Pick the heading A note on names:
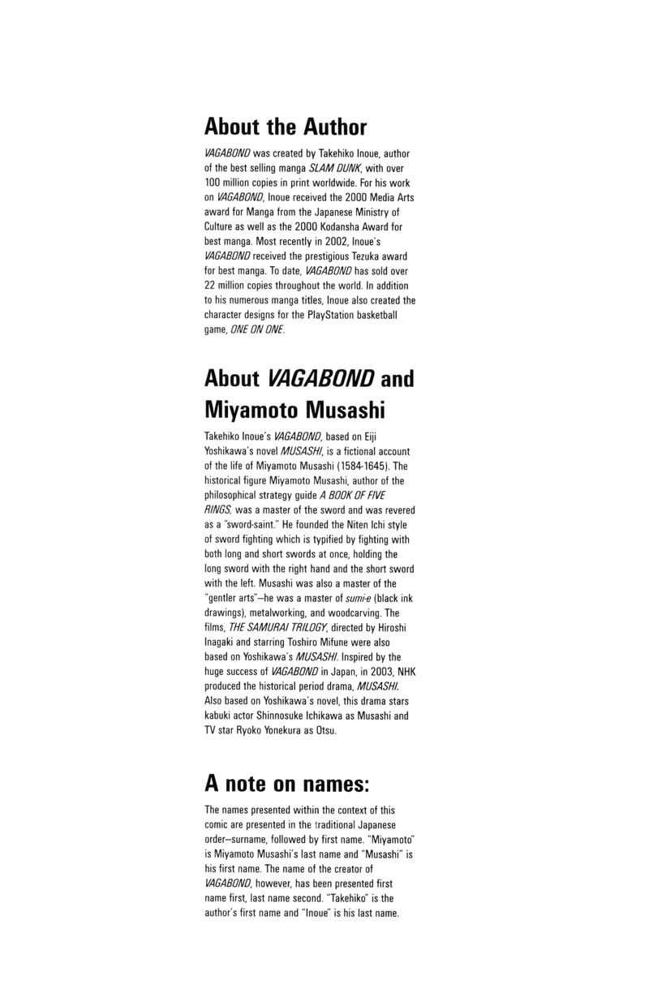286,785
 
